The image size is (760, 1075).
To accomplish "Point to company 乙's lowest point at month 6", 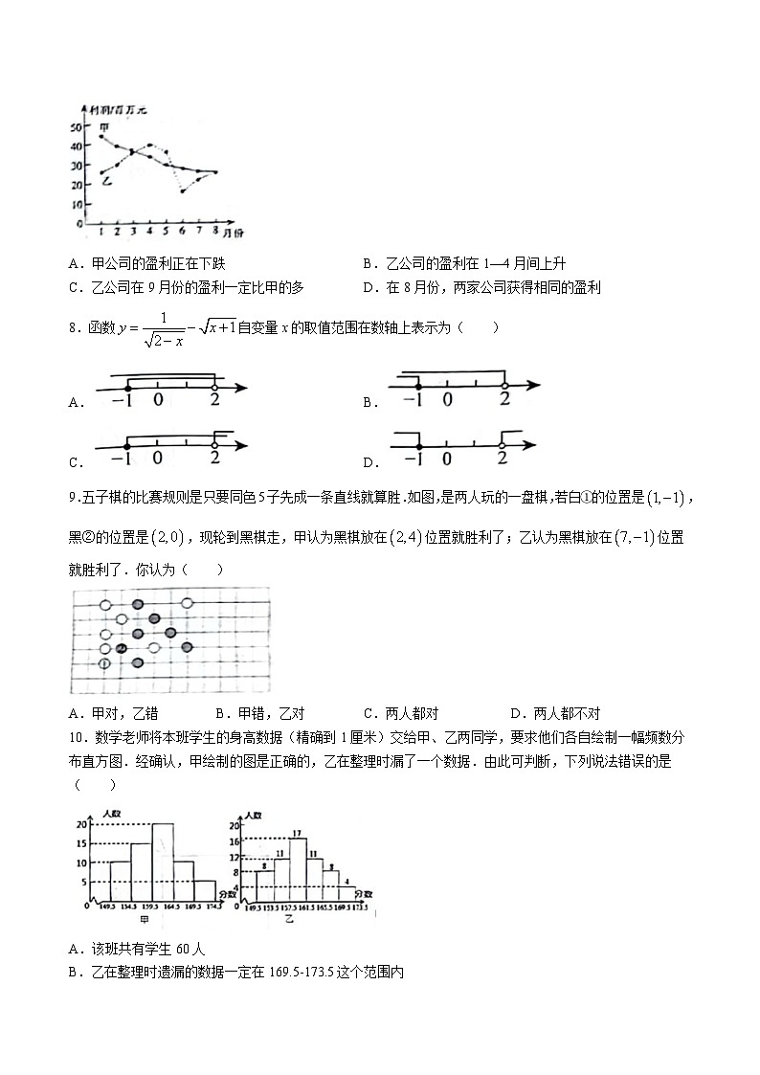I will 182,191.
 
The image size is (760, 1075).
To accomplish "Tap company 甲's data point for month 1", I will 101,136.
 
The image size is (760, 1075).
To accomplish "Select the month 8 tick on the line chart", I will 214,231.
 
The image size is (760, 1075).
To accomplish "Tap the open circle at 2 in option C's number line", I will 214,444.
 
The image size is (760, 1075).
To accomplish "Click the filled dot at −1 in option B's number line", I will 414,384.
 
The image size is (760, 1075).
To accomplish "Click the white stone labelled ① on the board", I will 105,663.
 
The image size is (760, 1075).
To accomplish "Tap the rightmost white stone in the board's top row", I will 188,603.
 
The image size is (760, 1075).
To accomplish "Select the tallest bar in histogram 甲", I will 163,861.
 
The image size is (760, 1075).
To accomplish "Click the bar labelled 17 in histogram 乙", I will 298,866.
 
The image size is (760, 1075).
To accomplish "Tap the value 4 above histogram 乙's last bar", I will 346,881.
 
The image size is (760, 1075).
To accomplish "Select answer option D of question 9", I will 516,713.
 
